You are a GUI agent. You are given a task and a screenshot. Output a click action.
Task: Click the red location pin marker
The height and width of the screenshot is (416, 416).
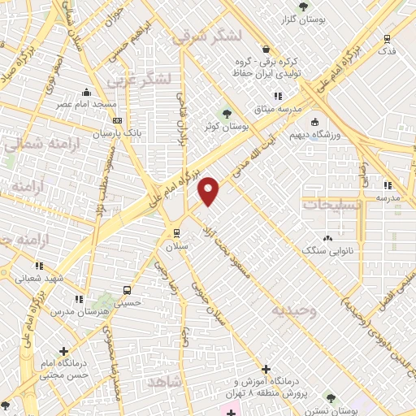click(x=209, y=190)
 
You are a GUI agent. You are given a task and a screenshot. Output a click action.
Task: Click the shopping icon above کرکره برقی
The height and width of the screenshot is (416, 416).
click(x=266, y=48)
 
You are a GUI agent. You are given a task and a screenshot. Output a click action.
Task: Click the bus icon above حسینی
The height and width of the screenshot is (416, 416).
click(x=127, y=290)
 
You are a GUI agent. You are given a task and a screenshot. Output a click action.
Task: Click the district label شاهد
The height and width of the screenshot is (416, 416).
click(x=166, y=380)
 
